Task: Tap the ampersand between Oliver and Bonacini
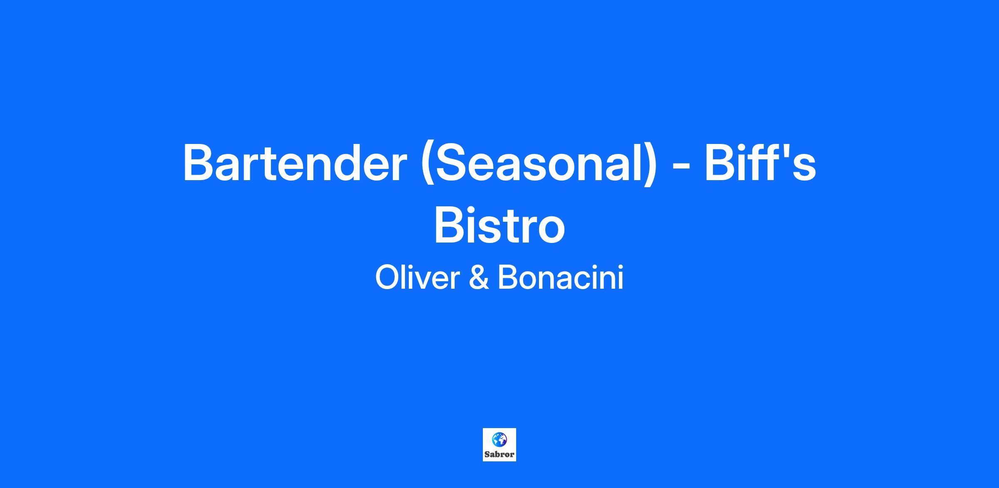click(x=479, y=277)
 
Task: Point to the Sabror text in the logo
click(x=499, y=454)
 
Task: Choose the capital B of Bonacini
click(x=508, y=277)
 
